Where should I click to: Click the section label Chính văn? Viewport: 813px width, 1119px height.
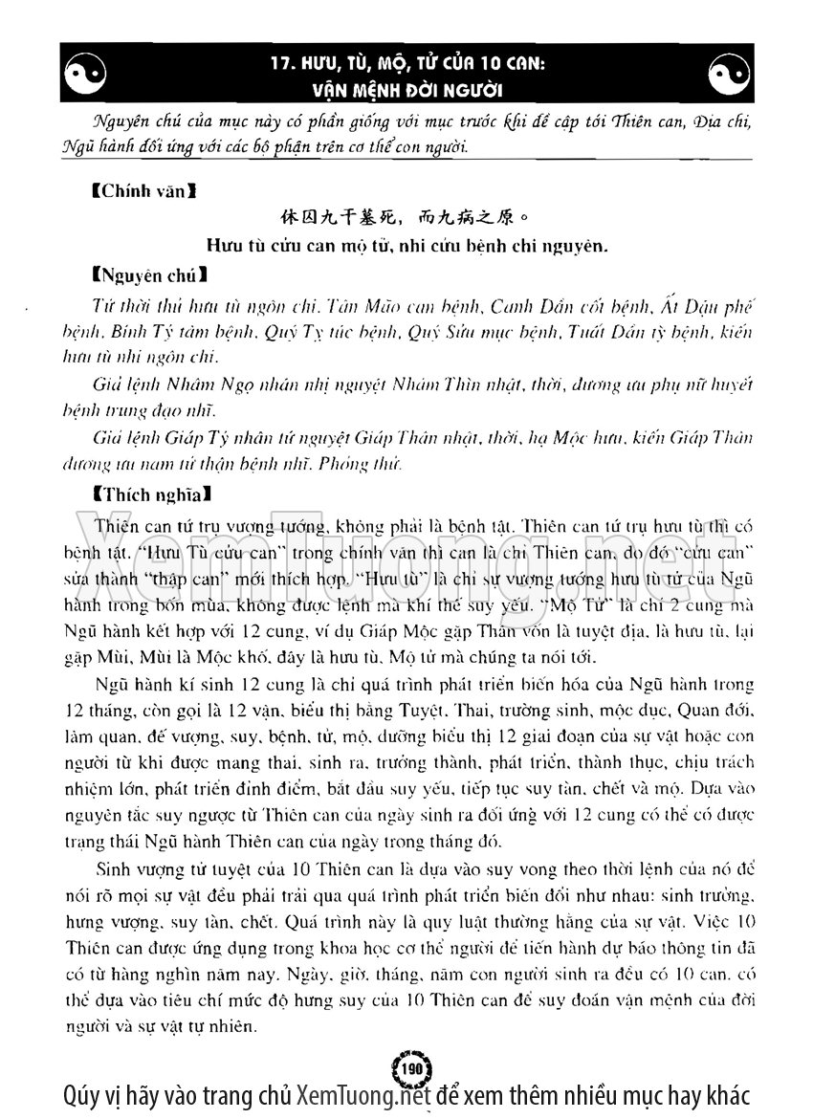click(x=143, y=191)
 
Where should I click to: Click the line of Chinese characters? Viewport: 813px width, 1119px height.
click(x=406, y=218)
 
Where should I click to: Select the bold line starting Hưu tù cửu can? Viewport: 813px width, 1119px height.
click(x=406, y=246)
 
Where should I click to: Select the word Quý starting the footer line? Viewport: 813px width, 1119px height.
click(x=79, y=1095)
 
